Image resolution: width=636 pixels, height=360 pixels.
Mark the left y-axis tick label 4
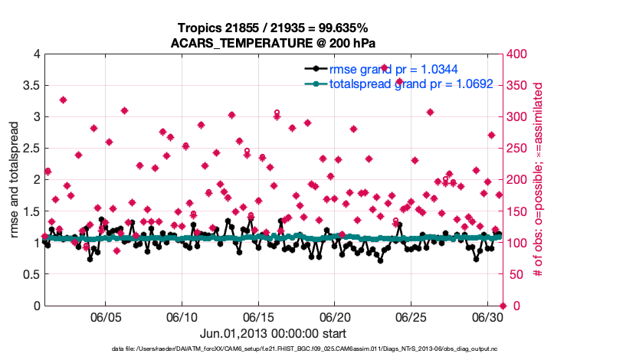[36, 54]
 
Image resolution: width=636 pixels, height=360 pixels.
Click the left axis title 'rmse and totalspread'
[15, 180]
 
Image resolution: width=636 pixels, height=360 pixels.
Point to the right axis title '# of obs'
[539, 180]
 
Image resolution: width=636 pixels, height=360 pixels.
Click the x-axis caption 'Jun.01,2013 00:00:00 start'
[274, 333]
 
